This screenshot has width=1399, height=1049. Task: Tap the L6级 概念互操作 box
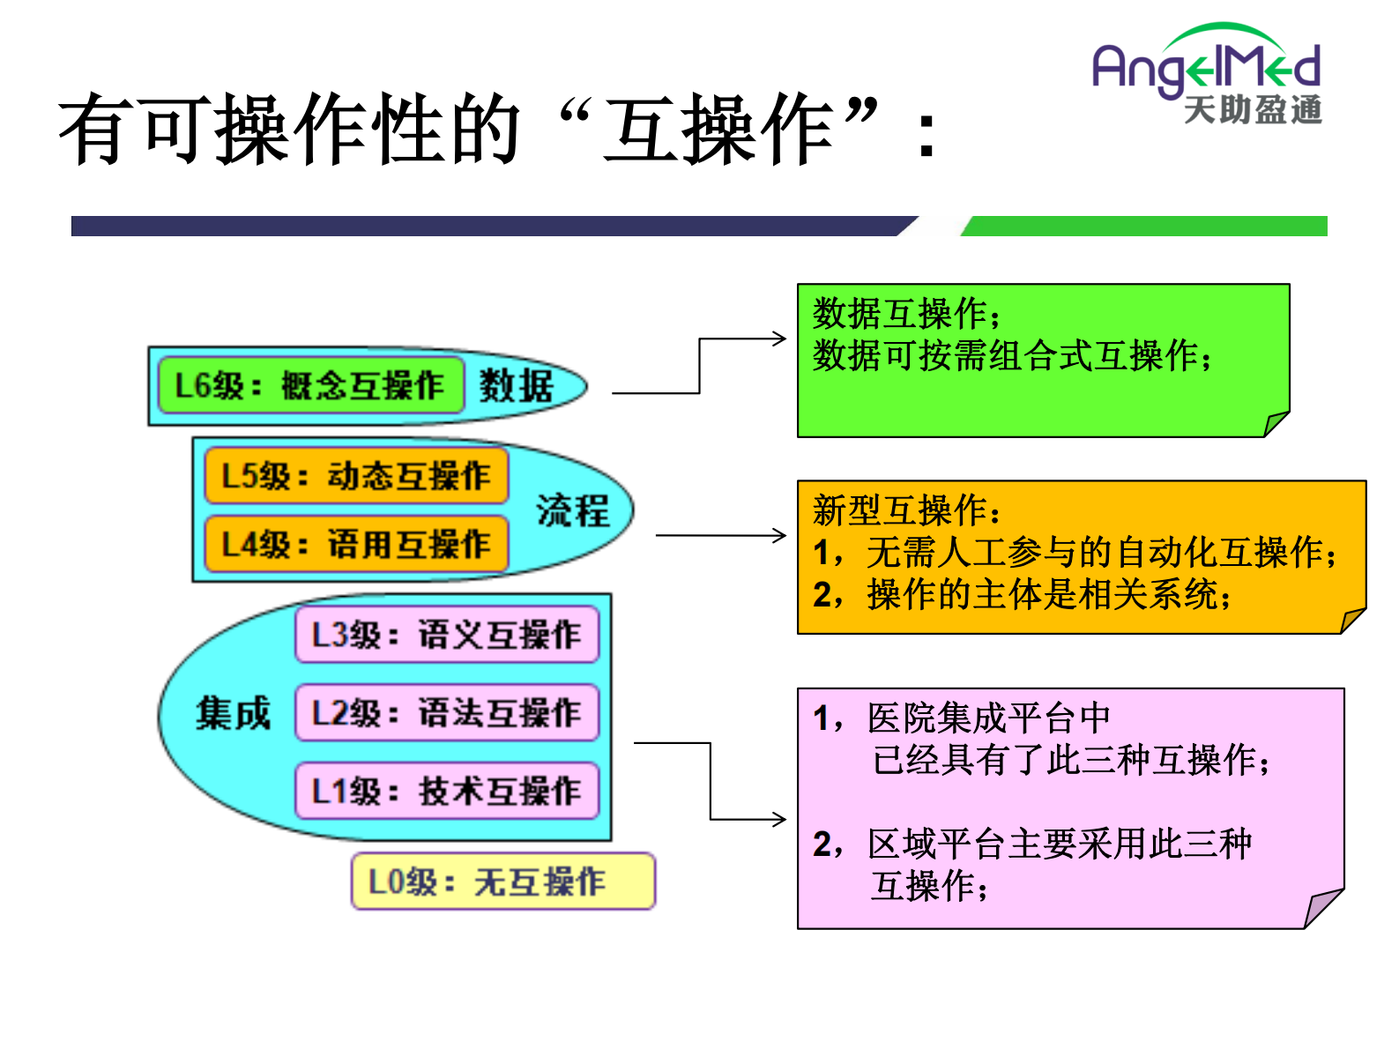tap(310, 385)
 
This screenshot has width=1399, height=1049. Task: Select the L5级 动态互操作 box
tap(356, 476)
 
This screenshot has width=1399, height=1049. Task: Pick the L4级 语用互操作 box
tap(356, 544)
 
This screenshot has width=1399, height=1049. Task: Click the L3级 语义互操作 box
tap(447, 635)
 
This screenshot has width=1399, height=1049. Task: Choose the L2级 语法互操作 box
tap(447, 712)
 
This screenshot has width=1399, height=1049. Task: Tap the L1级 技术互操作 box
tap(447, 791)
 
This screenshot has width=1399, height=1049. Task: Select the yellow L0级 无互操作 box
tap(502, 882)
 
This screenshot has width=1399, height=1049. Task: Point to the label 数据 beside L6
tap(517, 386)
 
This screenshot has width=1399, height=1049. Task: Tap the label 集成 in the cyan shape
tap(233, 712)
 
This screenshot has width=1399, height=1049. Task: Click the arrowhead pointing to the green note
tap(779, 339)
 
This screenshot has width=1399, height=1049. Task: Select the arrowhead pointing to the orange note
tap(779, 535)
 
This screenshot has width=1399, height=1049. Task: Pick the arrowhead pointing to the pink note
tap(779, 820)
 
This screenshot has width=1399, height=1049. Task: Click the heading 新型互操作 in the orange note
tap(904, 510)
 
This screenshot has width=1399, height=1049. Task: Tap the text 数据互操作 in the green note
tap(903, 314)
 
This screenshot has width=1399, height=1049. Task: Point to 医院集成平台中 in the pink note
tap(987, 718)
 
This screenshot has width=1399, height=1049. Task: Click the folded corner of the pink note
tap(1321, 910)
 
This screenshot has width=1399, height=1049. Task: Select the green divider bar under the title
tap(1146, 227)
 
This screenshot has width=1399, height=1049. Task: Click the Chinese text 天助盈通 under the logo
tap(1252, 110)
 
